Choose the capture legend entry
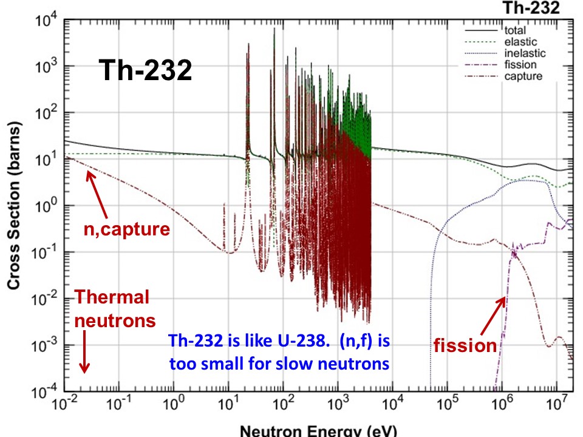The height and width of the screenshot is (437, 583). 520,76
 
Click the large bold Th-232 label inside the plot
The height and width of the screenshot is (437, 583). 145,71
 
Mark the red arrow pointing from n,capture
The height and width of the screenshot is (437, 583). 98,194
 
